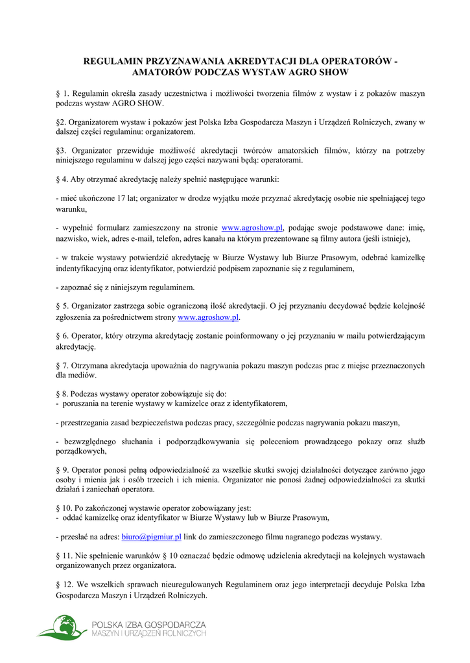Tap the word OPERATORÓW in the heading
click(x=356, y=61)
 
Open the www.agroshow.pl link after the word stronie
click(x=252, y=228)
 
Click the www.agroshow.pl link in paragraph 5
click(x=208, y=318)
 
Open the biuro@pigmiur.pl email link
click(x=151, y=537)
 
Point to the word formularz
click(x=112, y=228)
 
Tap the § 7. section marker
click(x=62, y=366)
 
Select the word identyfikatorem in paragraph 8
click(x=259, y=403)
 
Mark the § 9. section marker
click(x=62, y=470)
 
